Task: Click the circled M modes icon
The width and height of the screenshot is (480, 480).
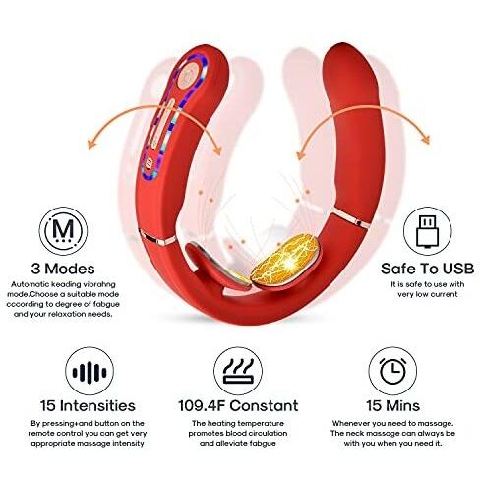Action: [63, 231]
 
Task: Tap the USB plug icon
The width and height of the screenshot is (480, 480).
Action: [428, 231]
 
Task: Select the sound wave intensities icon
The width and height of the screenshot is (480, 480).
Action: [90, 372]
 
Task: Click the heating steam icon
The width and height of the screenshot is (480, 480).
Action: [238, 372]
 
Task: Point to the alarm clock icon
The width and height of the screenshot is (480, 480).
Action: [392, 372]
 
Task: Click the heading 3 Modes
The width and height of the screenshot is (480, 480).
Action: [63, 269]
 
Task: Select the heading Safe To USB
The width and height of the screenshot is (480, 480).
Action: [428, 269]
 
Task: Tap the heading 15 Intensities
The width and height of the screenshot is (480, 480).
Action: [88, 405]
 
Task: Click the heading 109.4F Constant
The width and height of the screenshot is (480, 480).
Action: [238, 405]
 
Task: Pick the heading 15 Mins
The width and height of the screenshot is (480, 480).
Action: [393, 405]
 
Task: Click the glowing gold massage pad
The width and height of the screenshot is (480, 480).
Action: [285, 260]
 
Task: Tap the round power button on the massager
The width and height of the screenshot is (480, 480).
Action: [188, 76]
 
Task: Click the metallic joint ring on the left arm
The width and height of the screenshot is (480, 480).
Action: [156, 238]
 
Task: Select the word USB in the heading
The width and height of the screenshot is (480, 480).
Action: [457, 269]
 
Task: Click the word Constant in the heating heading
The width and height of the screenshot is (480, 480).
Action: [264, 405]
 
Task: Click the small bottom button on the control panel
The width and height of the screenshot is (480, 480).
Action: [150, 162]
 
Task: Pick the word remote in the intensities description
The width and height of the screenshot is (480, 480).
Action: [41, 433]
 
